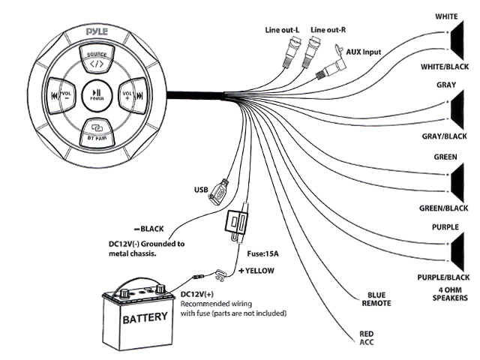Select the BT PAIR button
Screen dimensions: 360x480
click(x=97, y=133)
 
